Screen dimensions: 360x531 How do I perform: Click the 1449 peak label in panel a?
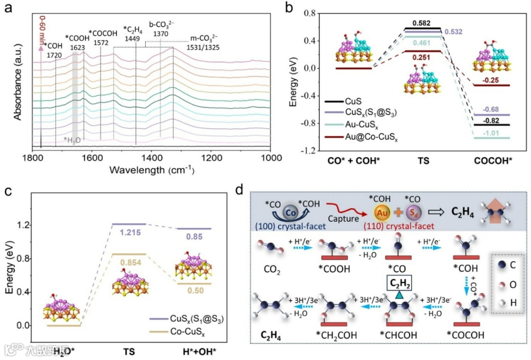pyautogui.click(x=133, y=38)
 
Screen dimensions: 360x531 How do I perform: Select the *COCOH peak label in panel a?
pyautogui.click(x=101, y=33)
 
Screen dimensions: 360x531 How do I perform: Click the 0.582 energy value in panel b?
pyautogui.click(x=421, y=23)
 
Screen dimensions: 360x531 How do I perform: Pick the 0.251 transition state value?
pyautogui.click(x=422, y=58)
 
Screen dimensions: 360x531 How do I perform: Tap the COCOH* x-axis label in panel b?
pyautogui.click(x=492, y=160)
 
